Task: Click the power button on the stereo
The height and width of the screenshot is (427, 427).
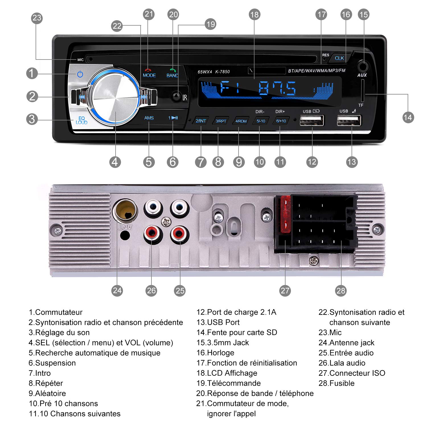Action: (80, 74)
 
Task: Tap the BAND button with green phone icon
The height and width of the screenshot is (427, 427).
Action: (172, 73)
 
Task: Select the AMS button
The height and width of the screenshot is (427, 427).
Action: (149, 118)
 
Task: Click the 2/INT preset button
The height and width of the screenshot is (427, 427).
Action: (201, 121)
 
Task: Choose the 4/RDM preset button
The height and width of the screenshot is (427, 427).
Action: (241, 121)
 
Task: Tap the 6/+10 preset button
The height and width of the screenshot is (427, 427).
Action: (281, 121)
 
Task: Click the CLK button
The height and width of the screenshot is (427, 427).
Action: (339, 58)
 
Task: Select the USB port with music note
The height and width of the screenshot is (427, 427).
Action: (349, 120)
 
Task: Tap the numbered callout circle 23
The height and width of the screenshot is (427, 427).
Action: (37, 18)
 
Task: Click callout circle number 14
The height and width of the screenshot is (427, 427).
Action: (408, 117)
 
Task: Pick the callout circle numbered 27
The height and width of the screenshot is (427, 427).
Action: (285, 291)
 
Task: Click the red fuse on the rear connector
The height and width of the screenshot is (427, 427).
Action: (286, 214)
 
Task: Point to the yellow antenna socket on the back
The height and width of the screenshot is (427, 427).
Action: (125, 211)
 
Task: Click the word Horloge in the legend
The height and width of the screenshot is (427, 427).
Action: (221, 353)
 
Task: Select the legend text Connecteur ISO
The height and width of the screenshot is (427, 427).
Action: (357, 373)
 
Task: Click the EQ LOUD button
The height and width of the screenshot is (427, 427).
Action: (81, 120)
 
